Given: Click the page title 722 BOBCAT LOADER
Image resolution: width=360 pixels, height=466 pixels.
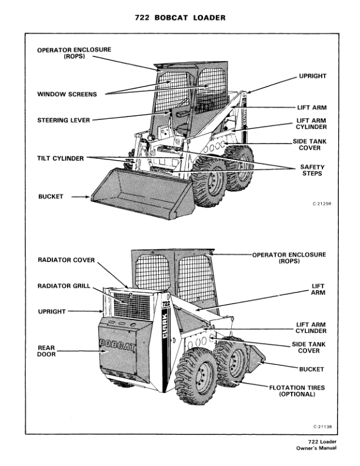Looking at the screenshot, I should [180, 18].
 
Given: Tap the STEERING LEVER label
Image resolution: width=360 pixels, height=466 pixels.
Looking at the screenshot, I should [64, 120].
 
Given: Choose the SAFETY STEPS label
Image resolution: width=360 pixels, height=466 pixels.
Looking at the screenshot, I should [312, 170].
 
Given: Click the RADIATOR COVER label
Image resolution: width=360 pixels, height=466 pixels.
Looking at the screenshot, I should [66, 259].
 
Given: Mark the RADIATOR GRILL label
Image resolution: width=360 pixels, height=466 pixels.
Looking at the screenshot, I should [64, 286].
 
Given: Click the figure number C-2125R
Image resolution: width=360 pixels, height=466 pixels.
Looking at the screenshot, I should [322, 205].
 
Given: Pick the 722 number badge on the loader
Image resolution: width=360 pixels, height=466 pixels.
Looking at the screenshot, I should [165, 305].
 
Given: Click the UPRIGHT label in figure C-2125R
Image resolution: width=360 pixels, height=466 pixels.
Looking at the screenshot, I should [312, 76].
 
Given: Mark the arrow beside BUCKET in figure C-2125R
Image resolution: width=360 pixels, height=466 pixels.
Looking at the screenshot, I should [79, 197].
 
